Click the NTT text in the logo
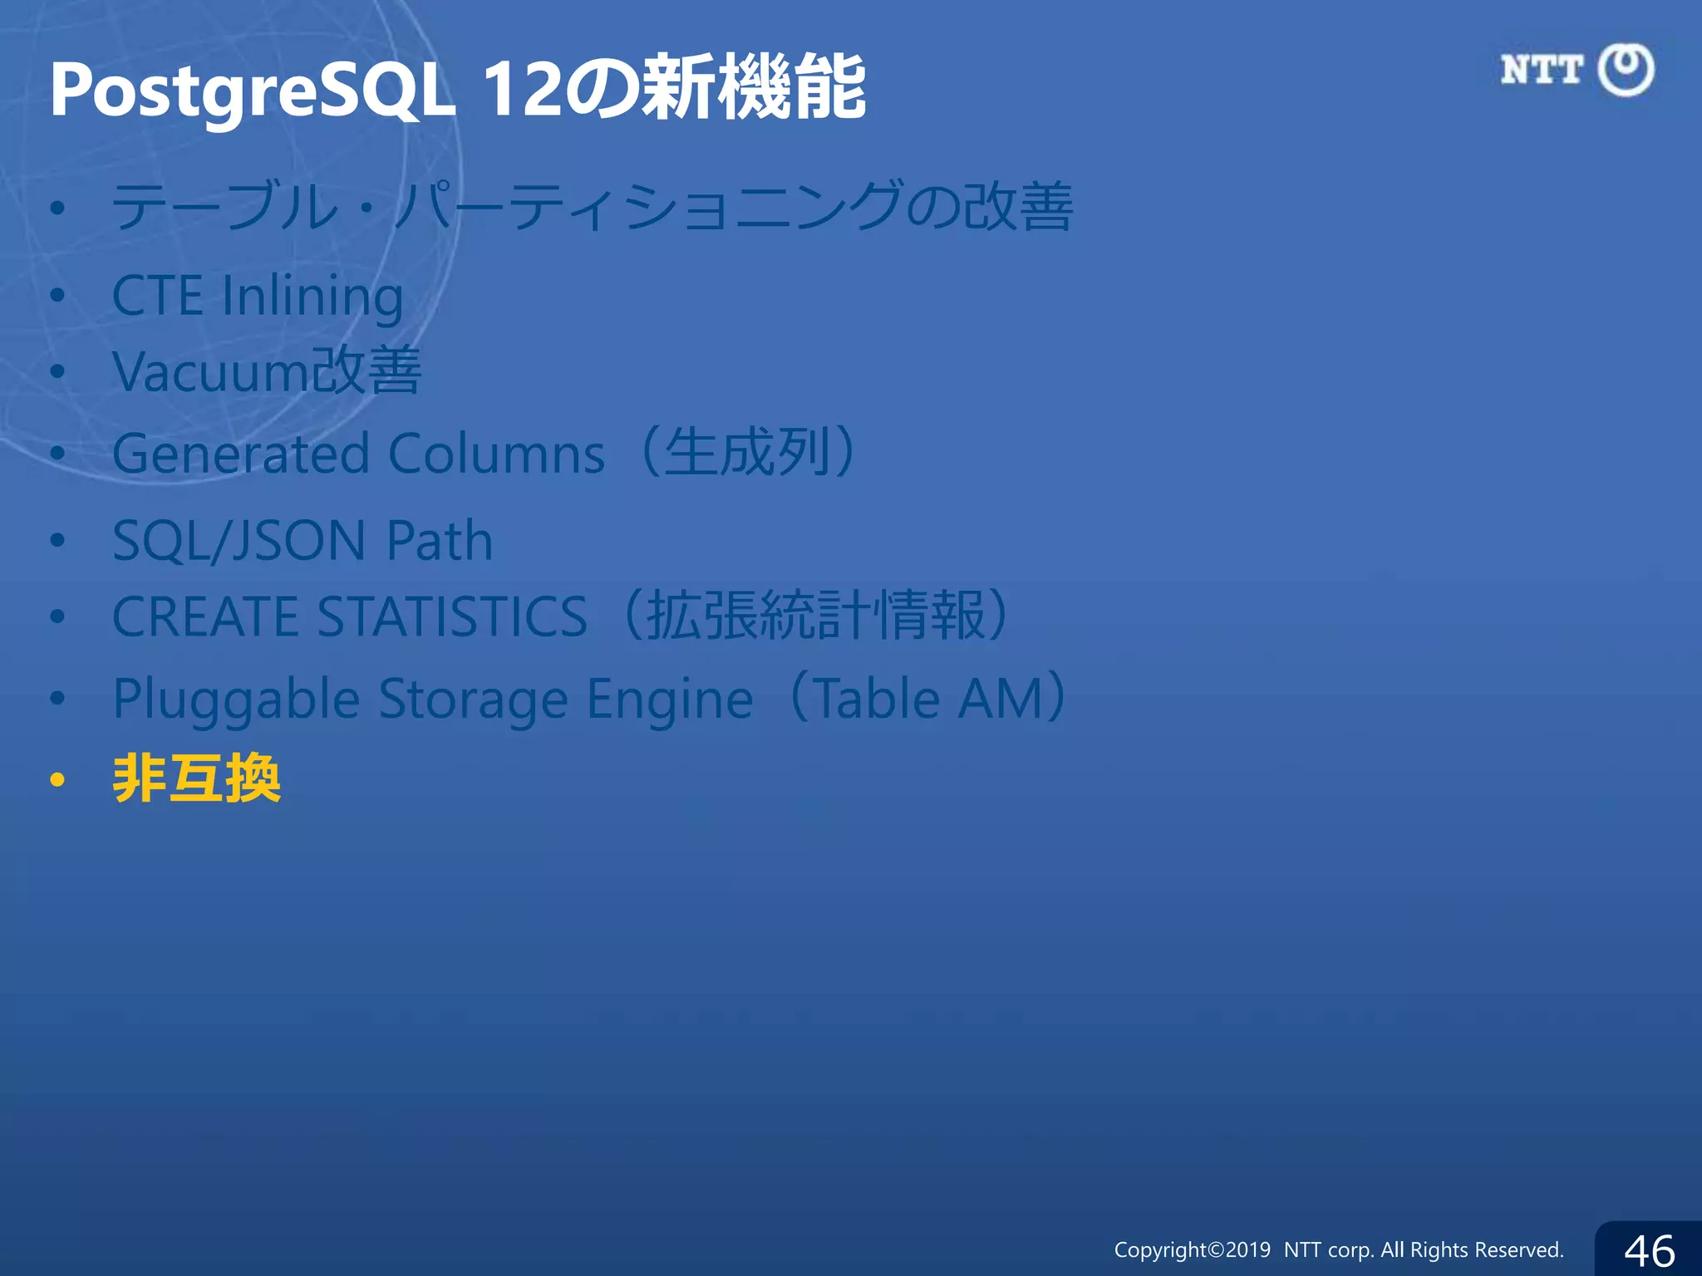click(x=1542, y=70)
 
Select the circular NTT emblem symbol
click(x=1626, y=70)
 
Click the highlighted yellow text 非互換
click(x=197, y=778)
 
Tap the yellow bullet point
click(x=57, y=780)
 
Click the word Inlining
click(x=312, y=297)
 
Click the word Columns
click(x=496, y=454)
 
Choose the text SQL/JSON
click(x=239, y=540)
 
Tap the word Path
click(x=440, y=540)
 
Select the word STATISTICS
click(x=452, y=616)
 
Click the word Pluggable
click(x=236, y=699)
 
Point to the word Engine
click(x=670, y=699)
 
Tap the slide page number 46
click(x=1650, y=1250)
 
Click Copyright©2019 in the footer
click(x=1192, y=1249)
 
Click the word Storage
click(x=473, y=699)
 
